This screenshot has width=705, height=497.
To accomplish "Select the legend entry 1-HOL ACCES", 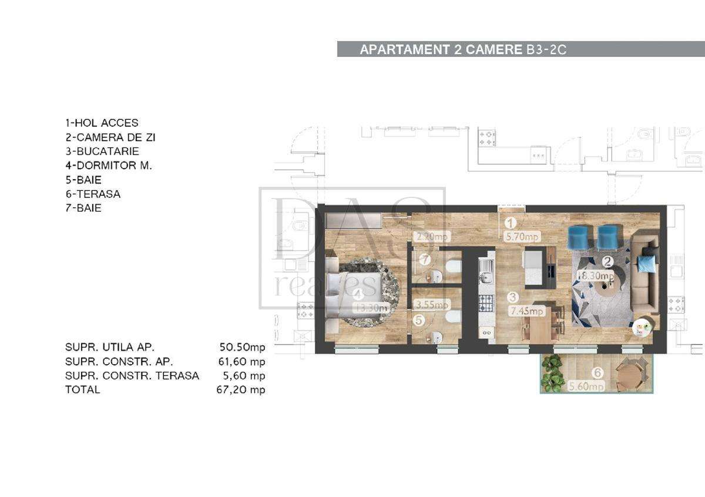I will [102, 123].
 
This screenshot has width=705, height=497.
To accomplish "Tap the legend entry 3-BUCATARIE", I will [102, 152].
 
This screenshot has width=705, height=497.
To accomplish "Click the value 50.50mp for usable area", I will [241, 347].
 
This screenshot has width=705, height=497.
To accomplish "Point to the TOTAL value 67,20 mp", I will [241, 389].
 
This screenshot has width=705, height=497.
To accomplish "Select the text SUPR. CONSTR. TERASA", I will [132, 375].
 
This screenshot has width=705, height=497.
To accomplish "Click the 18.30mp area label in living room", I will [595, 276].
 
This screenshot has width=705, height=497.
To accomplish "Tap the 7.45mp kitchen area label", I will [527, 311].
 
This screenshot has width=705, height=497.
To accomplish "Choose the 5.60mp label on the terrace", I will [587, 386].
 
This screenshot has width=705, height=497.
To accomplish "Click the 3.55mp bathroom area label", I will [432, 305].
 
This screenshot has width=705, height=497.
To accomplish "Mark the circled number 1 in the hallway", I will [511, 223].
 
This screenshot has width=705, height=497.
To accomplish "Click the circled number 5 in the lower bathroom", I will [418, 321].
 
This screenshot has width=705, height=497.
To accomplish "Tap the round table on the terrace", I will [629, 374].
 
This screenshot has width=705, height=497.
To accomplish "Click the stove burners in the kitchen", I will [486, 303].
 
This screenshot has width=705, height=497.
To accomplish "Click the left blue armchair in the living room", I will [578, 237].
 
